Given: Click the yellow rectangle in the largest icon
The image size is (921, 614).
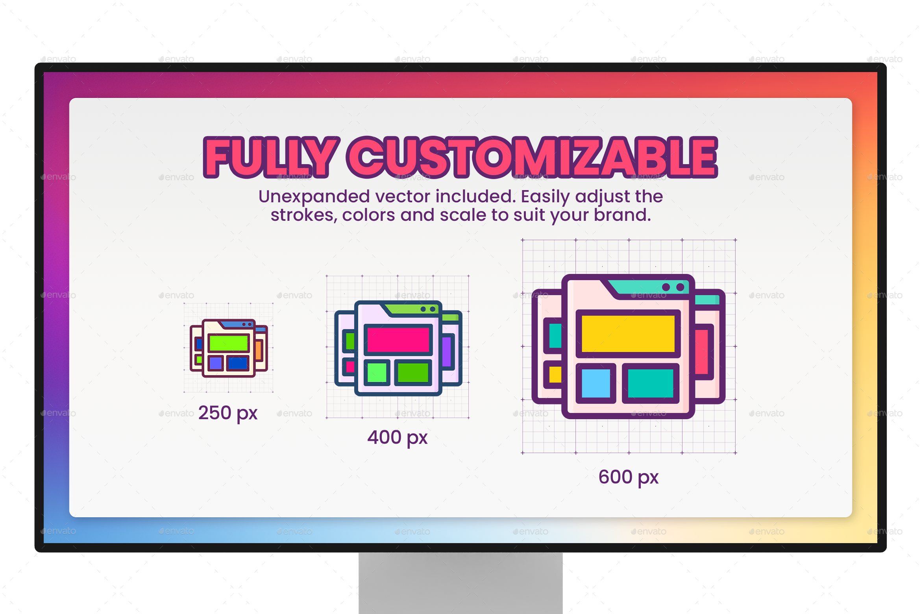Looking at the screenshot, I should click(x=628, y=334).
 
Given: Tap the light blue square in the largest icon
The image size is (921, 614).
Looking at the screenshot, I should click(x=596, y=383).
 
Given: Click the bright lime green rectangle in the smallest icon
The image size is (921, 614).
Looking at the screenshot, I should click(x=228, y=343).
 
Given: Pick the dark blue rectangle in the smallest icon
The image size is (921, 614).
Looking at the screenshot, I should click(x=238, y=363).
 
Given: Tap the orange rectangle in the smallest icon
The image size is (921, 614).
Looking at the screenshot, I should click(x=259, y=350).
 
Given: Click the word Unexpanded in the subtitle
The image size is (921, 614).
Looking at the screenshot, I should click(x=314, y=196).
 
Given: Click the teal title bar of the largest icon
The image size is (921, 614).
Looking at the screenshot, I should click(x=645, y=287).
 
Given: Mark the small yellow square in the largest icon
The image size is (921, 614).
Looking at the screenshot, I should click(x=555, y=374).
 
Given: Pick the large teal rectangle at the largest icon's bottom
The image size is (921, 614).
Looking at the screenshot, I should click(x=650, y=383).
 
